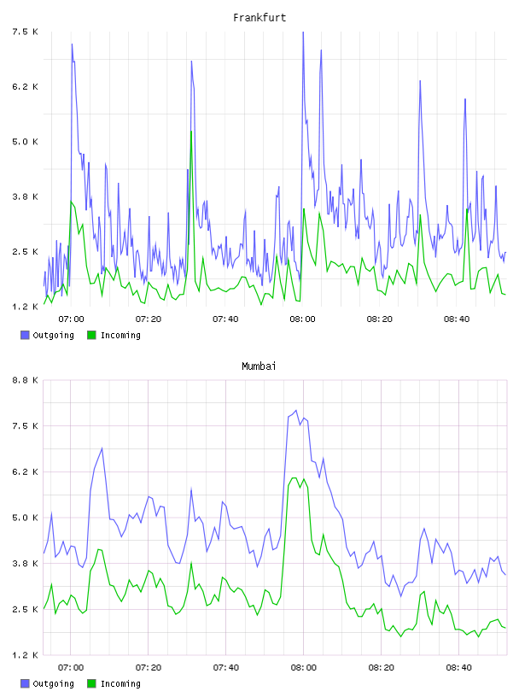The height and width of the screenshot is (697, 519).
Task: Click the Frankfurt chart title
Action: click(259, 18)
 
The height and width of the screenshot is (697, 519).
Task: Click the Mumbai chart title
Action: click(259, 366)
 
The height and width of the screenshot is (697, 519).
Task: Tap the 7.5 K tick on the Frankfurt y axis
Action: click(25, 32)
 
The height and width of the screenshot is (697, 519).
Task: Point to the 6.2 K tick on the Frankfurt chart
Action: click(25, 86)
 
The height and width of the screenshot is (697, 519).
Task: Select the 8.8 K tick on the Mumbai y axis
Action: click(25, 380)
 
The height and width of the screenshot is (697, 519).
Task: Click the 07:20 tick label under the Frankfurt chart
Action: click(149, 319)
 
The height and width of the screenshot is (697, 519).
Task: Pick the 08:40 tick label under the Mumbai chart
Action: click(458, 668)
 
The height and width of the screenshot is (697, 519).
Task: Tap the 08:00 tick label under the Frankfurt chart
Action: click(302, 319)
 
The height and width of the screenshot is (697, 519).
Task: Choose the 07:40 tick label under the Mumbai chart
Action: click(225, 668)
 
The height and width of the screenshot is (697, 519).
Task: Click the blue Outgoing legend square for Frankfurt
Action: click(25, 335)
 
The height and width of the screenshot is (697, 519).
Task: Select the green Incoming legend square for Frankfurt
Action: click(91, 335)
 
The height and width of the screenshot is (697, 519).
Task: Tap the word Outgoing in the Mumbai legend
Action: click(53, 683)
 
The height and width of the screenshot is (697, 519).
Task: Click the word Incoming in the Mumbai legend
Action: click(120, 683)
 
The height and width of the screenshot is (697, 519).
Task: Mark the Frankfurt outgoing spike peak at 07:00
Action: click(72, 44)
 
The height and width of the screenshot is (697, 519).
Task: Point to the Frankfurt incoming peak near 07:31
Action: click(191, 132)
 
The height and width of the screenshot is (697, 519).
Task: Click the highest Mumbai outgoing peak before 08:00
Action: click(296, 410)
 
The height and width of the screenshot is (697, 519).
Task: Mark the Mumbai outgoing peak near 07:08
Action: click(102, 448)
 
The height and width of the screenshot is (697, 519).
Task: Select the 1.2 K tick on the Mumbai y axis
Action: click(25, 655)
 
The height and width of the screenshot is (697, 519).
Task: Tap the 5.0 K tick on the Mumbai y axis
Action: click(25, 518)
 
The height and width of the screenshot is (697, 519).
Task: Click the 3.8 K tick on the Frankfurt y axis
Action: click(25, 196)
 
